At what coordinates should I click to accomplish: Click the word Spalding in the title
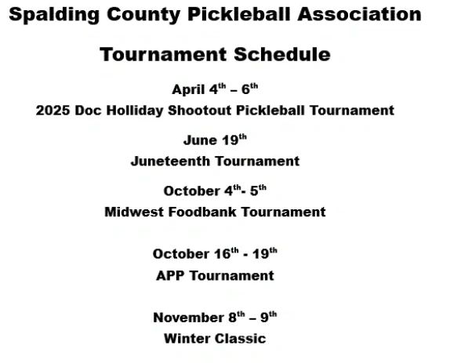tap(54, 15)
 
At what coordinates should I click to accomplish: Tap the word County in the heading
tap(143, 15)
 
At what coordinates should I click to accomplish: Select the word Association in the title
tap(359, 14)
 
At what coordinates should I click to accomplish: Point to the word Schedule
tap(282, 54)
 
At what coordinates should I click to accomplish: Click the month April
tap(188, 89)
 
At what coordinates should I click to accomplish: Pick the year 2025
tap(53, 111)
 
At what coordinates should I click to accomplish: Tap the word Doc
tap(88, 111)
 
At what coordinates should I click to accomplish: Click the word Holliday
tap(135, 111)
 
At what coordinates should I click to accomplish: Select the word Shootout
tap(200, 111)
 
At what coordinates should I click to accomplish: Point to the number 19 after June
tap(230, 140)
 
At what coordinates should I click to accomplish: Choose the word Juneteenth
tap(170, 161)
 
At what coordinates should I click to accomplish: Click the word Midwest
tap(134, 212)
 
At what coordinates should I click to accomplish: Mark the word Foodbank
tap(202, 212)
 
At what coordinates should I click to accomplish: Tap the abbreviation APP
tap(170, 276)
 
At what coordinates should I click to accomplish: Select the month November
tap(188, 318)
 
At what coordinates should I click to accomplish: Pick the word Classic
tap(240, 339)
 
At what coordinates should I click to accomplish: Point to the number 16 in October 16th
tap(223, 254)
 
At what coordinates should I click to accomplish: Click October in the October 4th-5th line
tap(191, 191)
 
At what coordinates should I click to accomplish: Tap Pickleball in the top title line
tap(239, 14)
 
